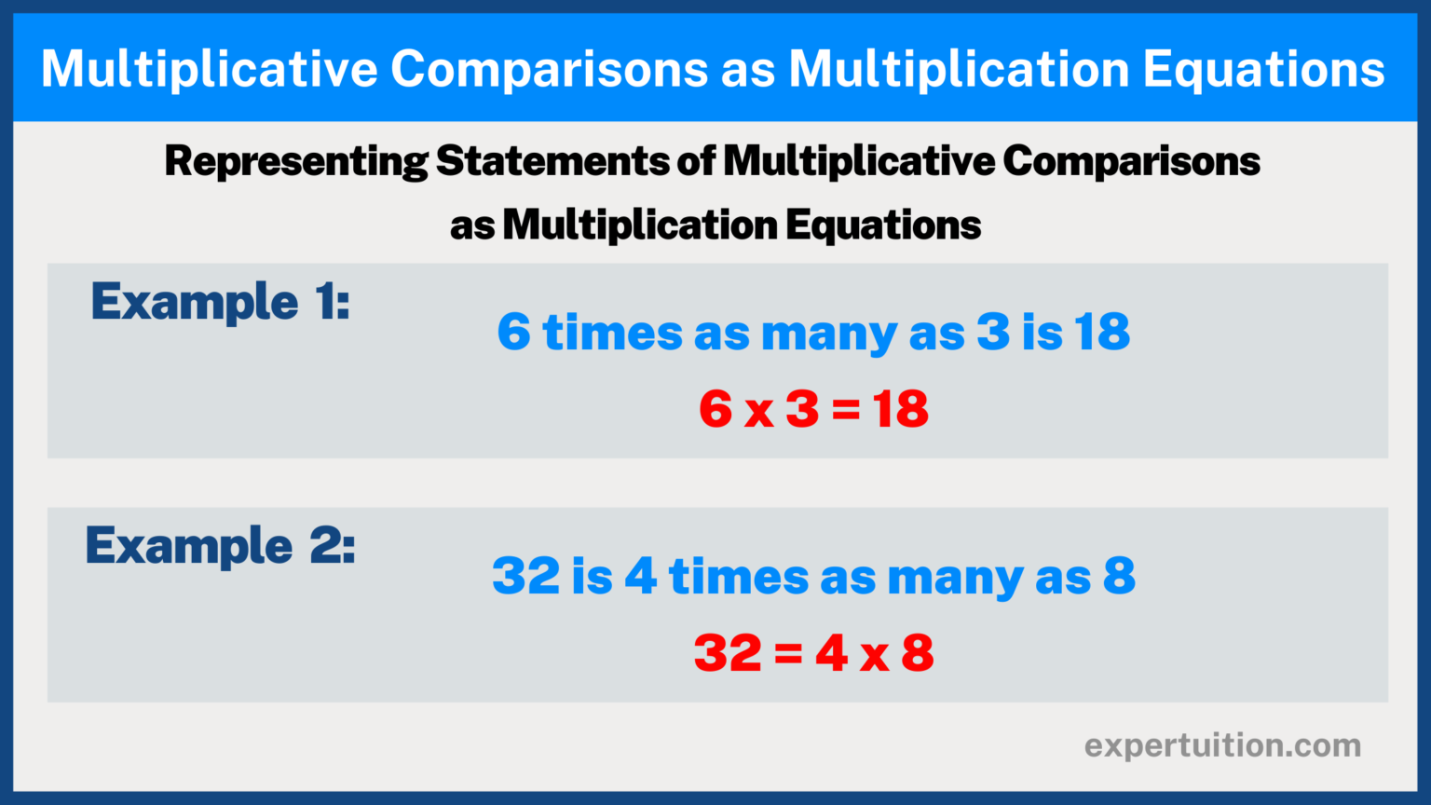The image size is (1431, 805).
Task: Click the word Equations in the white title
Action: [1263, 69]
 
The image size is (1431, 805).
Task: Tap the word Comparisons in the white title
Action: [549, 69]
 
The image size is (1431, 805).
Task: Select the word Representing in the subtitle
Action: [296, 162]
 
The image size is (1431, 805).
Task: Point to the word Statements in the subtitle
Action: [552, 161]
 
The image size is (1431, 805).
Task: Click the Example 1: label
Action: [220, 303]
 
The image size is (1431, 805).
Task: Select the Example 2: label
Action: [220, 546]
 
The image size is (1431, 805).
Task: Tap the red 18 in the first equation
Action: [900, 410]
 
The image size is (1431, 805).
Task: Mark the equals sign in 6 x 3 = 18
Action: [845, 411]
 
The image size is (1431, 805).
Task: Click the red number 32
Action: [728, 653]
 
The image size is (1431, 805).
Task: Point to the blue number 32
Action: [525, 576]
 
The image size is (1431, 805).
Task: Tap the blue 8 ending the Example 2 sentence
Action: [1119, 576]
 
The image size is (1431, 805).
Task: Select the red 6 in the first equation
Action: [715, 410]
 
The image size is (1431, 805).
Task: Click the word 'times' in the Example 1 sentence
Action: [612, 333]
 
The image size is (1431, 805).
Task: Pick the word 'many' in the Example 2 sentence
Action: [955, 579]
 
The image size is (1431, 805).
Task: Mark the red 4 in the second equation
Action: [831, 653]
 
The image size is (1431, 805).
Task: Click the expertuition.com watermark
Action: [1222, 745]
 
